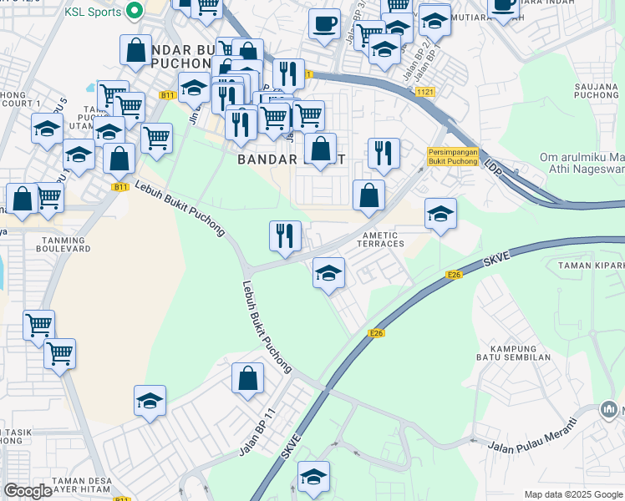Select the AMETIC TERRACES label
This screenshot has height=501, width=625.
(380, 239)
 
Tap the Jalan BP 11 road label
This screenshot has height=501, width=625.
(257, 433)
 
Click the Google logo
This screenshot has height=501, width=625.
(28, 491)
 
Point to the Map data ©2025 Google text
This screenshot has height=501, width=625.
(573, 494)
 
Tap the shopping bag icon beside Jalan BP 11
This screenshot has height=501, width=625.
(248, 378)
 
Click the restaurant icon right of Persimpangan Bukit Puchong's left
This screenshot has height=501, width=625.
(384, 153)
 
